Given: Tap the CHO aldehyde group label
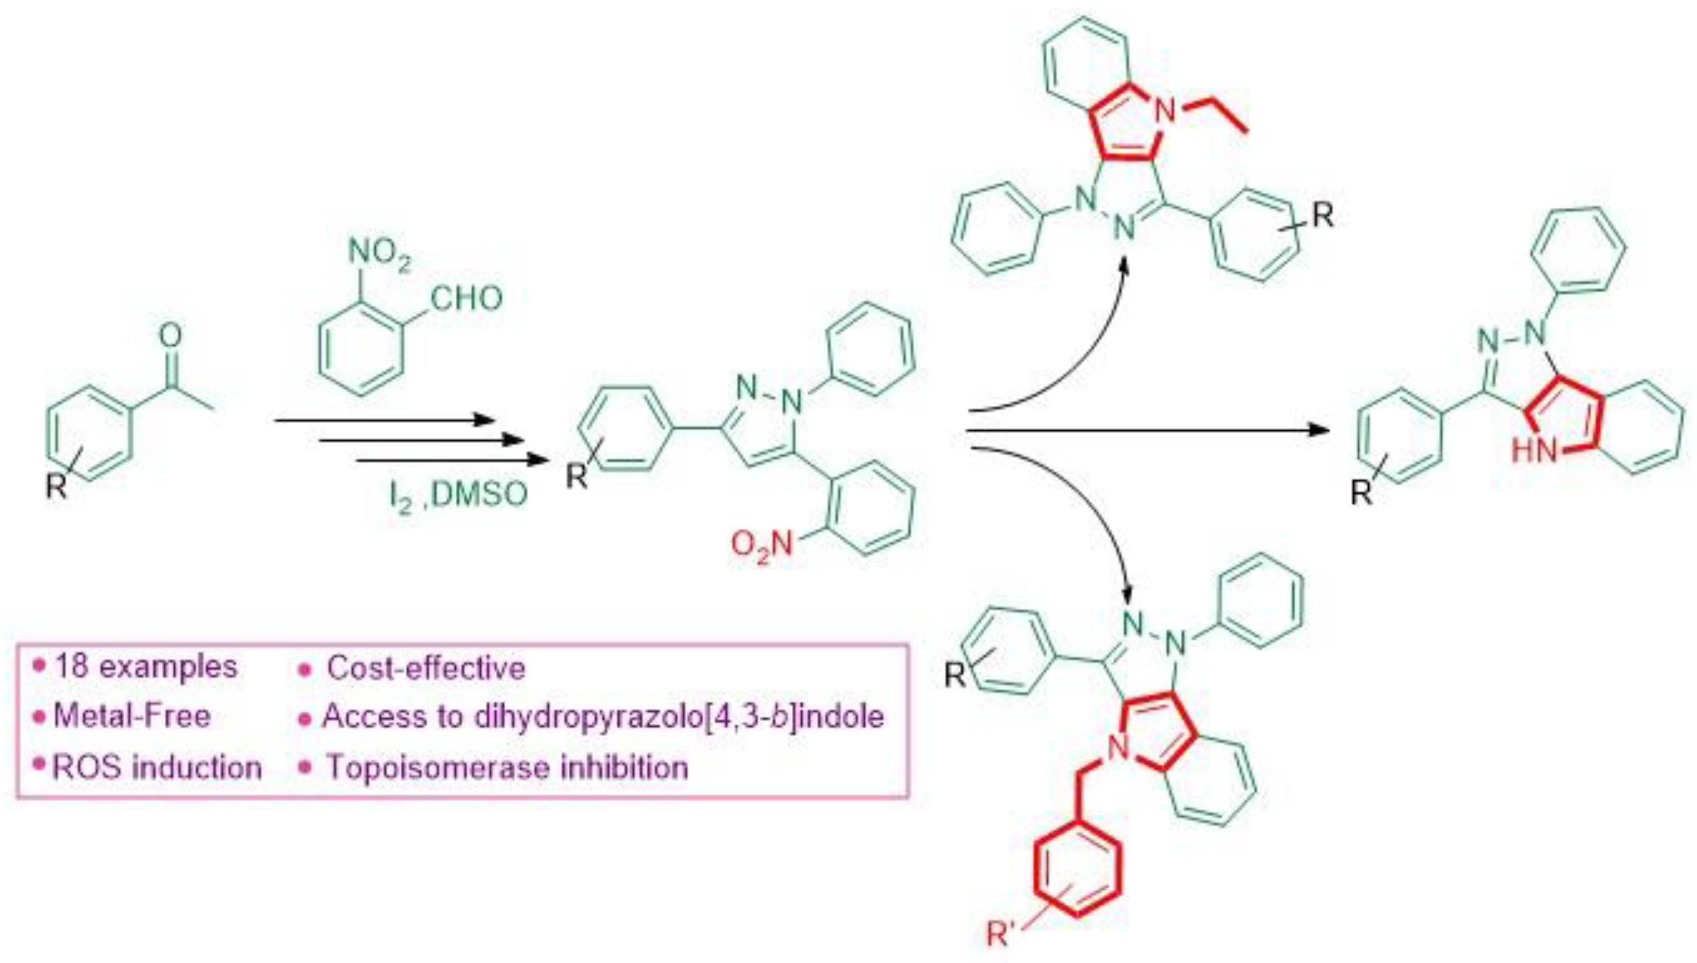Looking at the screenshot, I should tap(467, 298).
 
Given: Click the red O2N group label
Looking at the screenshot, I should tap(761, 546).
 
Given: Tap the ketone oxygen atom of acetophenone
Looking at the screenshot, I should tap(171, 335).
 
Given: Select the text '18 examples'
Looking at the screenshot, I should tap(146, 667).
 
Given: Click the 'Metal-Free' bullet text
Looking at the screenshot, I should tap(132, 716).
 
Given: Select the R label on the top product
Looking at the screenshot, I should tap(1322, 215).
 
